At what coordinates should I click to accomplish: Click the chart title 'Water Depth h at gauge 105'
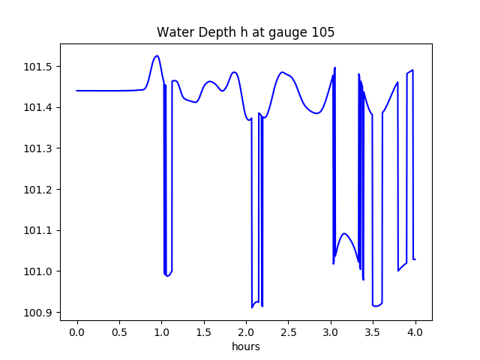pos(245,32)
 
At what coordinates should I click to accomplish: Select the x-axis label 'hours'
pos(245,346)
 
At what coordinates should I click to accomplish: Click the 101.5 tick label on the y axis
pos(38,67)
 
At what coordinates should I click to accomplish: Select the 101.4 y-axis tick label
pos(38,108)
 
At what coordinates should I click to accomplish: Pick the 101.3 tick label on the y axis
pos(38,148)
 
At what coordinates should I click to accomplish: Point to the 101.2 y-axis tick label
pos(38,190)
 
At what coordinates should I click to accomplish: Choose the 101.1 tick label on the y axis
pos(38,230)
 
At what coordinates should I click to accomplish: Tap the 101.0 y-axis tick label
pos(38,271)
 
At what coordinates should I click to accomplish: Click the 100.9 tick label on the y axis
pos(38,312)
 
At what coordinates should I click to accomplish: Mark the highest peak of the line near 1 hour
pos(157,55)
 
